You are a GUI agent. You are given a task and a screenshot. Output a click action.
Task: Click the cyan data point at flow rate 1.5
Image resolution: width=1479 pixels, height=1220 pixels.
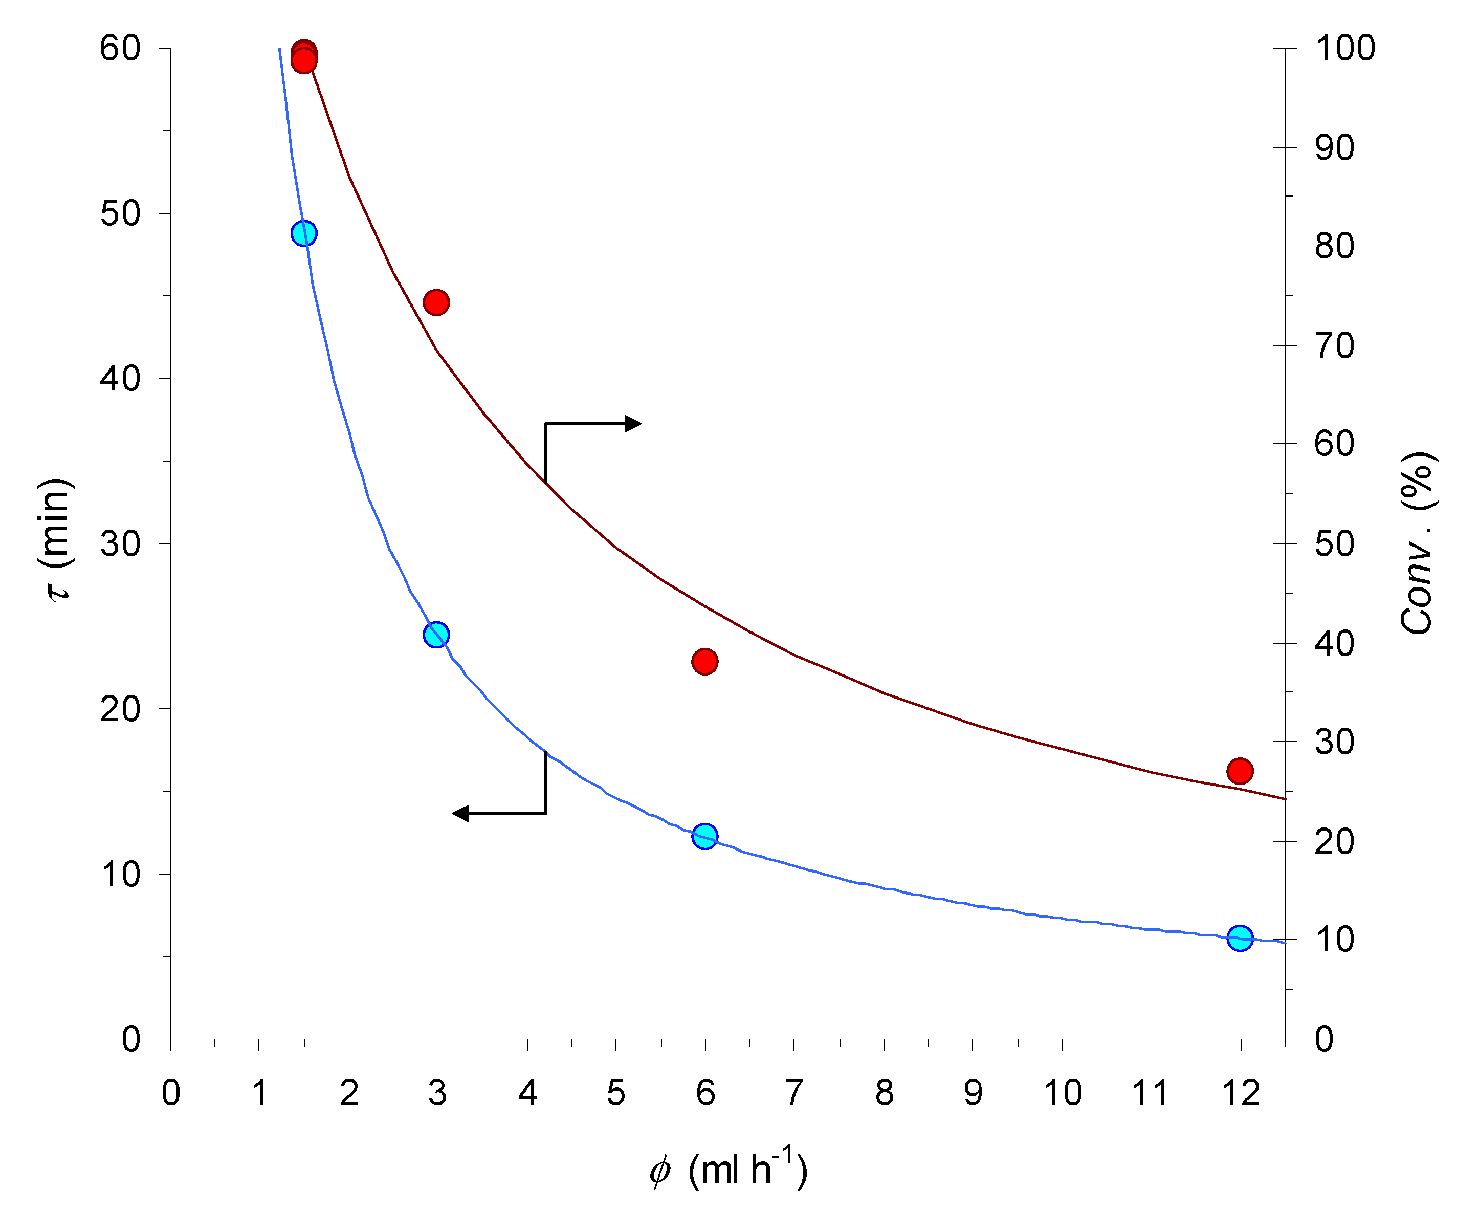pyautogui.click(x=303, y=233)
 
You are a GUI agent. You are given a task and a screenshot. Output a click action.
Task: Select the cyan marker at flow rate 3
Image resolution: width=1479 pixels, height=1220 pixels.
pyautogui.click(x=436, y=635)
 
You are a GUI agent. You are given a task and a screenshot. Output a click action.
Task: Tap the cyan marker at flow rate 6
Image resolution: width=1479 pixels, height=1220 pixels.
pyautogui.click(x=705, y=836)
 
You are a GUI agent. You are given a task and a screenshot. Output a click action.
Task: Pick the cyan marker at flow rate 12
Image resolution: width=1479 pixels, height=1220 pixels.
pyautogui.click(x=1240, y=938)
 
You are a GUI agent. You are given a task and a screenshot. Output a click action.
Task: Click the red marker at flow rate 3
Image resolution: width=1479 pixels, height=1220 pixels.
pyautogui.click(x=436, y=302)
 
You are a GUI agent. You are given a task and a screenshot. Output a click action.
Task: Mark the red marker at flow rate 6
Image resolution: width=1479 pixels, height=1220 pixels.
pyautogui.click(x=705, y=661)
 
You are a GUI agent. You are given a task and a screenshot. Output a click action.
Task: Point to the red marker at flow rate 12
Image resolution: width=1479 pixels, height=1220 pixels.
pyautogui.click(x=1240, y=771)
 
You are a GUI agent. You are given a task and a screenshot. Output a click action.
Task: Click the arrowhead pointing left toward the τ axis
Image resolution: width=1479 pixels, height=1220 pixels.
pyautogui.click(x=461, y=814)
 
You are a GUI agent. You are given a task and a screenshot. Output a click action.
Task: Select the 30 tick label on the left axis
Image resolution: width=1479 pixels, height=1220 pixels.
pyautogui.click(x=120, y=544)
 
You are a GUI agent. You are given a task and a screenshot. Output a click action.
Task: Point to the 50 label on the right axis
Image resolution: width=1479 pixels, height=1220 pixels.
pyautogui.click(x=1334, y=544)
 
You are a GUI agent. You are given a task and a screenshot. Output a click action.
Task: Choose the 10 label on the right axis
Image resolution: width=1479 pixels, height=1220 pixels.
pyautogui.click(x=1334, y=940)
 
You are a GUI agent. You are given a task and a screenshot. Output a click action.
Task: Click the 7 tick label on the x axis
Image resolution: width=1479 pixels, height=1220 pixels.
pyautogui.click(x=794, y=1093)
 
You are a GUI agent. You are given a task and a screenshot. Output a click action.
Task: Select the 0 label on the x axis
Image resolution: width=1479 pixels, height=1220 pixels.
pyautogui.click(x=171, y=1093)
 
